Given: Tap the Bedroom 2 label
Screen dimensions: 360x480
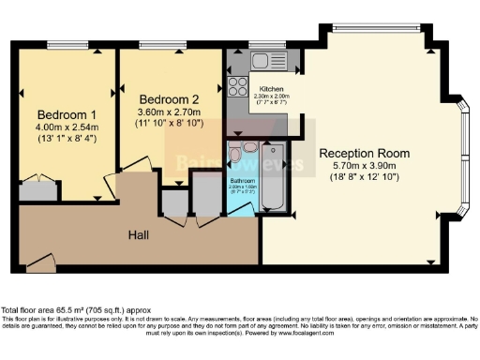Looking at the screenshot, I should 170,98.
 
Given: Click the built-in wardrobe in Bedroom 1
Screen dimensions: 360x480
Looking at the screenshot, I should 37,191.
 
